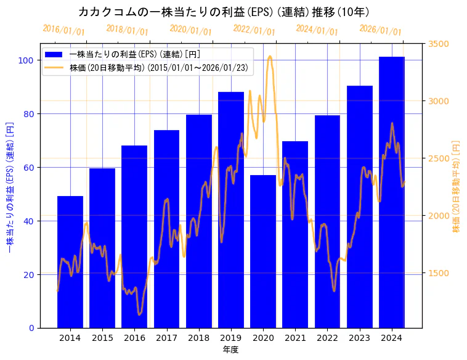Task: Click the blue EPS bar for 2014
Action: click(x=70, y=262)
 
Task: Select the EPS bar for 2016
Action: click(x=134, y=237)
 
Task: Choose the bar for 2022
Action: click(x=327, y=221)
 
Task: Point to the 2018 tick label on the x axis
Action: click(x=199, y=338)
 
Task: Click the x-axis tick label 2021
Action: click(x=295, y=338)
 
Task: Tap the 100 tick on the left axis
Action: click(x=26, y=60)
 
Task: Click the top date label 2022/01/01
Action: click(x=254, y=30)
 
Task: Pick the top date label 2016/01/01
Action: click(x=63, y=30)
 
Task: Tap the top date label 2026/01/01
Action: click(x=380, y=30)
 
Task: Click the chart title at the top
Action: click(x=224, y=12)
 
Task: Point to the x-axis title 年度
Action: click(x=230, y=350)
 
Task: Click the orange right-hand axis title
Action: click(x=456, y=186)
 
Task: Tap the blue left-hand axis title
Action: click(x=9, y=186)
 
